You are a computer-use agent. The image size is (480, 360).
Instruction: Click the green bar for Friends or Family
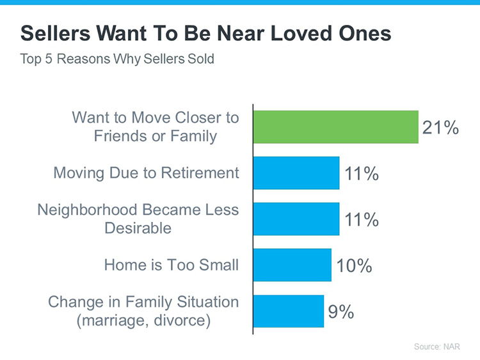[x=336, y=127]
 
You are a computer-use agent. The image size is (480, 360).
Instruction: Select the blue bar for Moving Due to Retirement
[x=296, y=173]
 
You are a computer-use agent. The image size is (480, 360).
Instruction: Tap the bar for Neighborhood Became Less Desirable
[x=296, y=219]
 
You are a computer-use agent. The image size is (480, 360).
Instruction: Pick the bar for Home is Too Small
[x=292, y=265]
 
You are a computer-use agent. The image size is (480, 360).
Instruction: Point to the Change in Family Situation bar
[x=289, y=311]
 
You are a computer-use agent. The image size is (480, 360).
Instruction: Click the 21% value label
[x=440, y=127]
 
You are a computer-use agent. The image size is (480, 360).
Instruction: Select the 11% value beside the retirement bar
[x=362, y=173]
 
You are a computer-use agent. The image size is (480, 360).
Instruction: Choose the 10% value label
[x=354, y=265]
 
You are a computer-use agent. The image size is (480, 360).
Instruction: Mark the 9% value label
[x=341, y=311]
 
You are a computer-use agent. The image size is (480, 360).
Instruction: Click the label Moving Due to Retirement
[x=146, y=173]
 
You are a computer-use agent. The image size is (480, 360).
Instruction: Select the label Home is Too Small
[x=172, y=265]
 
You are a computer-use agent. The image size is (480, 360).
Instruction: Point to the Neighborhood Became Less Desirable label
[x=138, y=218]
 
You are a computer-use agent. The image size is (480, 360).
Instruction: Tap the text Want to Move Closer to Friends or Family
[x=155, y=127]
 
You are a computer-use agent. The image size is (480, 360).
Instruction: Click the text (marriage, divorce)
[x=143, y=319]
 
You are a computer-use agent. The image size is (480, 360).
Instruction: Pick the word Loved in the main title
[x=292, y=34]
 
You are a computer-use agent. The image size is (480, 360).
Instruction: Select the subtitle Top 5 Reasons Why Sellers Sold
[x=117, y=60]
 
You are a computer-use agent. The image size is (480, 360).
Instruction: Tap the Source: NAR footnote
[x=436, y=346]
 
